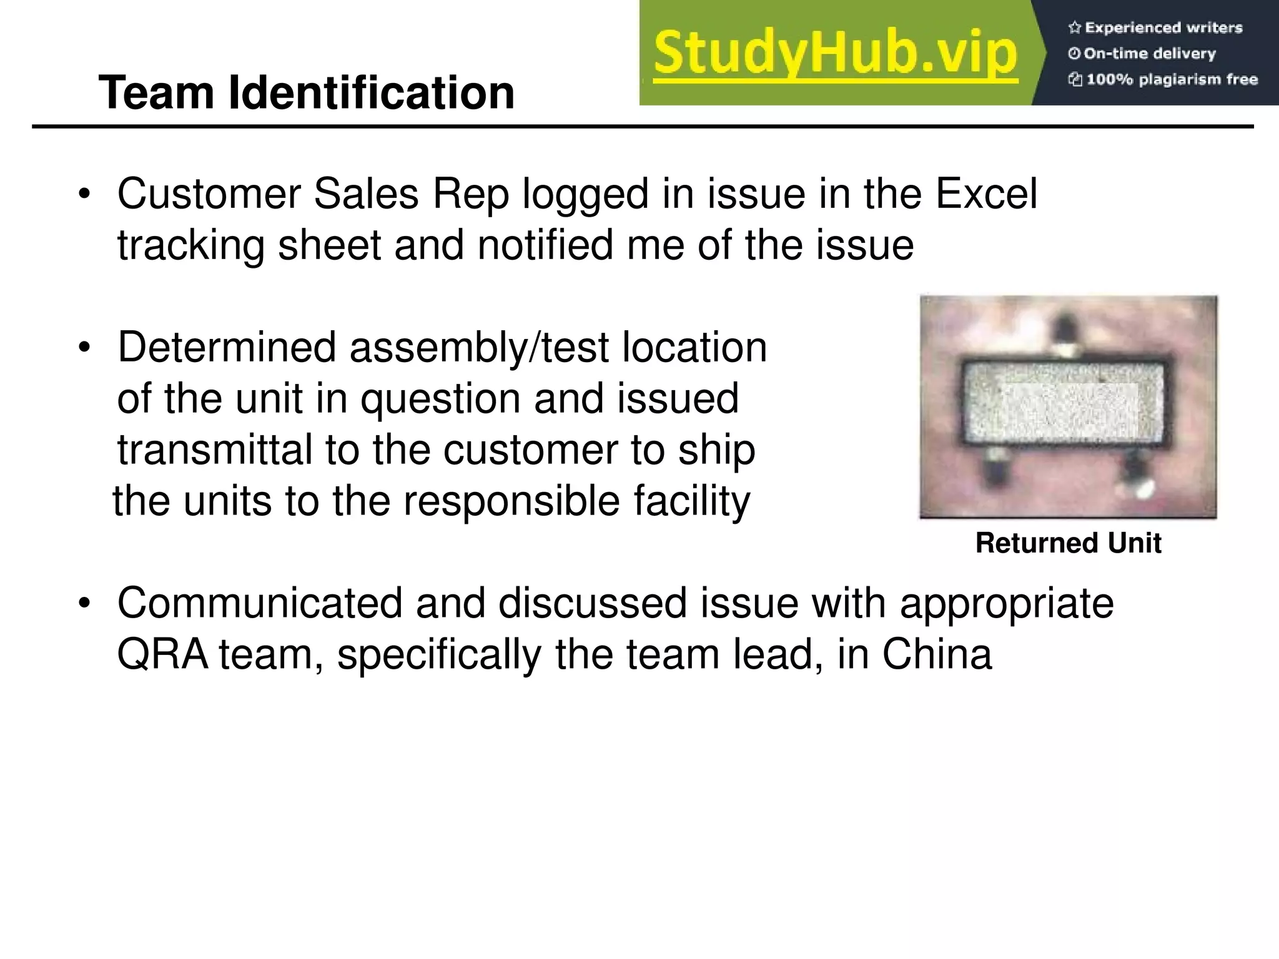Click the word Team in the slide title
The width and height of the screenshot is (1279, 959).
pyautogui.click(x=159, y=93)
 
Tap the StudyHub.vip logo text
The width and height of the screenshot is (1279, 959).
pyautogui.click(x=836, y=54)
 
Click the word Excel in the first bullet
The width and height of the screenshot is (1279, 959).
pyautogui.click(x=986, y=194)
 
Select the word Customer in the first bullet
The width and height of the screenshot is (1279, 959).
pyautogui.click(x=209, y=194)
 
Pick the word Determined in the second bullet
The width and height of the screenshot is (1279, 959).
pyautogui.click(x=227, y=348)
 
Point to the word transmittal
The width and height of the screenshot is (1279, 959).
pyautogui.click(x=214, y=450)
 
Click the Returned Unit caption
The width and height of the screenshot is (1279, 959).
pyautogui.click(x=1068, y=543)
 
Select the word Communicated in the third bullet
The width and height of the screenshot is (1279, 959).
pyautogui.click(x=259, y=604)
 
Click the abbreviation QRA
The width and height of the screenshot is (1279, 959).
pyautogui.click(x=162, y=655)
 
